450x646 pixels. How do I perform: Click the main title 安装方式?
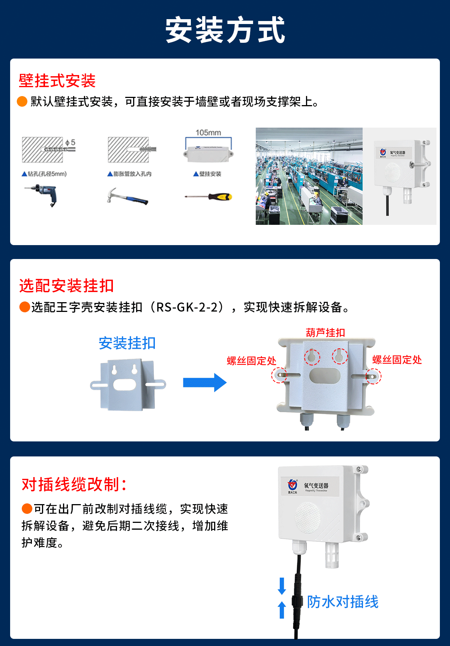(225, 30)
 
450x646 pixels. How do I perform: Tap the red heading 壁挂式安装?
(57, 81)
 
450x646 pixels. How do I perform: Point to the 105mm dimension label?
(208, 133)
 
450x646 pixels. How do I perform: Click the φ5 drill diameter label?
(70, 143)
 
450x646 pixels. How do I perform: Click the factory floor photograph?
(309, 176)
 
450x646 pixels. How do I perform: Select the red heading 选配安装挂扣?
(66, 286)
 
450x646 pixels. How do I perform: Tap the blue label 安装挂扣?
(127, 343)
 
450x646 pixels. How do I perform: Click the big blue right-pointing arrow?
(205, 382)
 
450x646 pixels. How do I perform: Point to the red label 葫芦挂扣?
(325, 333)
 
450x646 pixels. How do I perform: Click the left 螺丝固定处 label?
(251, 361)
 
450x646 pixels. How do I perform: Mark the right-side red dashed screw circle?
(373, 376)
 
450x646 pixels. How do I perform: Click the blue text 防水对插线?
(342, 602)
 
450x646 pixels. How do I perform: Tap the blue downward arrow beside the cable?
(282, 586)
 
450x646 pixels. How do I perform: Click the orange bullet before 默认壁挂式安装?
(22, 101)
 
